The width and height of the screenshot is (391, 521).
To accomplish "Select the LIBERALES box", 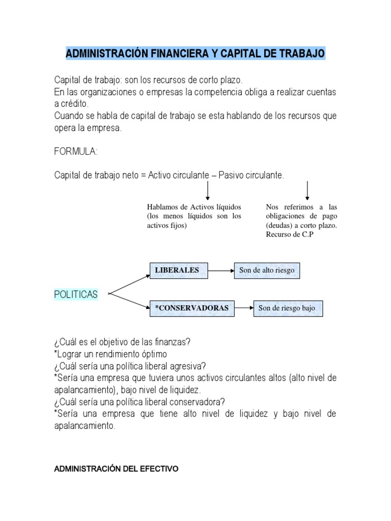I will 177,271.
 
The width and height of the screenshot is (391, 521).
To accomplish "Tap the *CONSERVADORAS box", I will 192,308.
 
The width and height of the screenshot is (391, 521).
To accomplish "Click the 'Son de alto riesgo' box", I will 267,271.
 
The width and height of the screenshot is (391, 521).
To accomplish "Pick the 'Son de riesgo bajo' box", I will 287,308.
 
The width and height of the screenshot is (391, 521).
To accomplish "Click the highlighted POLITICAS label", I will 76,295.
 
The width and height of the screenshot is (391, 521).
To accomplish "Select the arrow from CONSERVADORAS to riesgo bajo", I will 244,308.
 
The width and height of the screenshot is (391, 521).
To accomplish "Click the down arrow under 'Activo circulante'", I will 208,190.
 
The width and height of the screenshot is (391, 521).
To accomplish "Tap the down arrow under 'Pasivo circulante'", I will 308,190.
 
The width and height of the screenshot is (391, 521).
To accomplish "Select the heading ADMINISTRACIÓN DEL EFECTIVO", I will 116,469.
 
